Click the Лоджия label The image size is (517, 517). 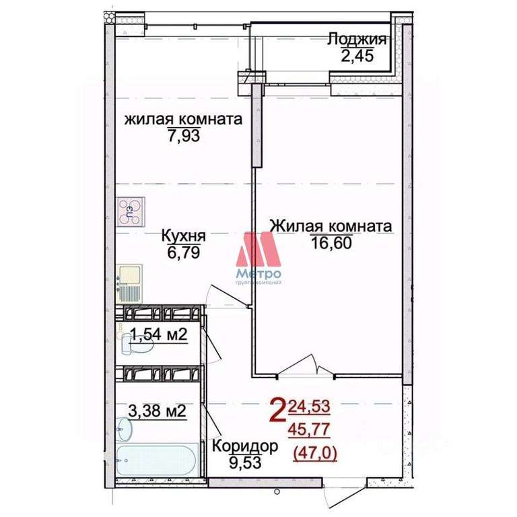357,39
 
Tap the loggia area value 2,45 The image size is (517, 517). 357,55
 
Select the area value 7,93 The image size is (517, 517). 184,135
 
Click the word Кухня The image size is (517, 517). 184,236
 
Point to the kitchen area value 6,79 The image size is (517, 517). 184,252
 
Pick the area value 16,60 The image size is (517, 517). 331,242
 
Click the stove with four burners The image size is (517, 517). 130,211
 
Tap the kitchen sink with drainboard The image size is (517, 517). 129,283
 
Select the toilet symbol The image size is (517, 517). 136,343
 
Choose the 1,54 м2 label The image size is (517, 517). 159,334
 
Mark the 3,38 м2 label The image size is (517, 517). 157,411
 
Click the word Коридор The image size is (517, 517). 245,446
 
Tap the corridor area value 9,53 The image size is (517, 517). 245,462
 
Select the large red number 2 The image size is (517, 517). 277,409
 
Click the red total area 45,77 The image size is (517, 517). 309,429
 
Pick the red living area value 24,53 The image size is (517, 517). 309,406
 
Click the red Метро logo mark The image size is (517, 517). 258,249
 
